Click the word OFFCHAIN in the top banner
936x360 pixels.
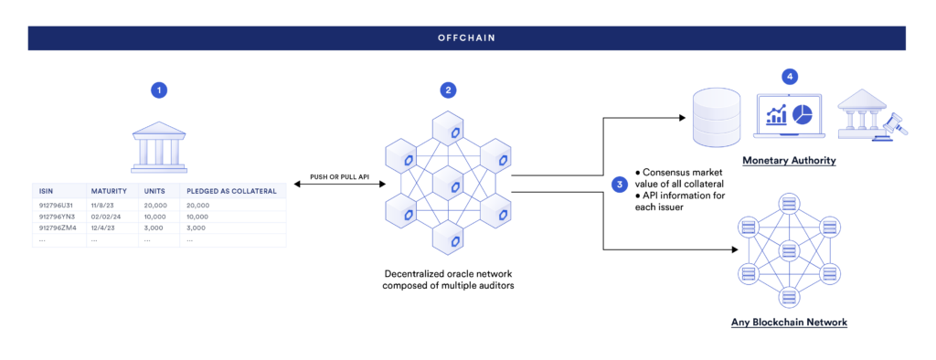coord(467,38)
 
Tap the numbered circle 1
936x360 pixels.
coord(160,90)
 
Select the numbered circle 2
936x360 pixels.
coord(447,90)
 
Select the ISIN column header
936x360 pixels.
coord(46,191)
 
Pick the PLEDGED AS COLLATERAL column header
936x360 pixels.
coord(223,191)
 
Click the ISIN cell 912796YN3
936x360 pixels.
coord(56,217)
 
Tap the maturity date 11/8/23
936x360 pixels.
coord(102,206)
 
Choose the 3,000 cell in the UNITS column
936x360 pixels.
coord(154,228)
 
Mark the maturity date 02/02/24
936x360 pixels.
coord(106,217)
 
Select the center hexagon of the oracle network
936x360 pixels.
coord(447,186)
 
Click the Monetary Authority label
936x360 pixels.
coord(789,161)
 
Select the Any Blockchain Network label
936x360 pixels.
coord(789,323)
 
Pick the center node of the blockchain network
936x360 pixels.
coord(789,249)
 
